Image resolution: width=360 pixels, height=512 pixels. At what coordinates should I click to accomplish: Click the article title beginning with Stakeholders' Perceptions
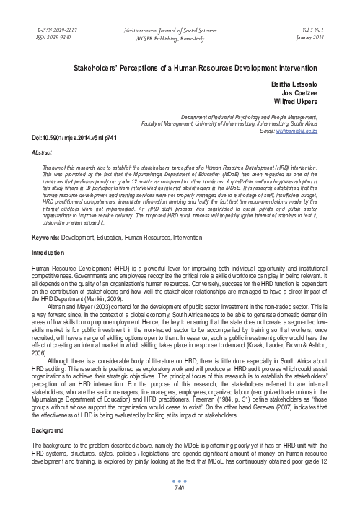coord(180,65)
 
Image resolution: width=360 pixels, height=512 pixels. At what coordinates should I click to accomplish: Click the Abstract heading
coord(25,152)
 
